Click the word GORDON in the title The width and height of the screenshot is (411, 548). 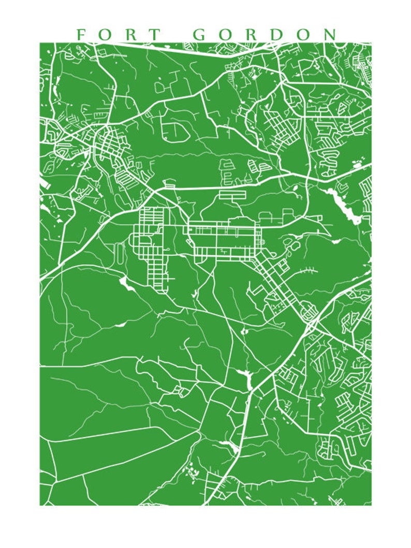(x=265, y=35)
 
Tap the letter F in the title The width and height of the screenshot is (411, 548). (x=81, y=35)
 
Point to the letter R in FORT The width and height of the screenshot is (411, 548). (x=130, y=35)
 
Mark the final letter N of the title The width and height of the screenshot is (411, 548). (x=329, y=35)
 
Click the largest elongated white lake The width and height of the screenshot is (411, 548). (x=343, y=205)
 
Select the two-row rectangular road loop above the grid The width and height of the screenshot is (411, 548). (x=233, y=195)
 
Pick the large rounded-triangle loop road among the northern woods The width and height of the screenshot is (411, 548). (x=174, y=132)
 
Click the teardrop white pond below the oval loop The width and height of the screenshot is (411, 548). (x=125, y=282)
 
